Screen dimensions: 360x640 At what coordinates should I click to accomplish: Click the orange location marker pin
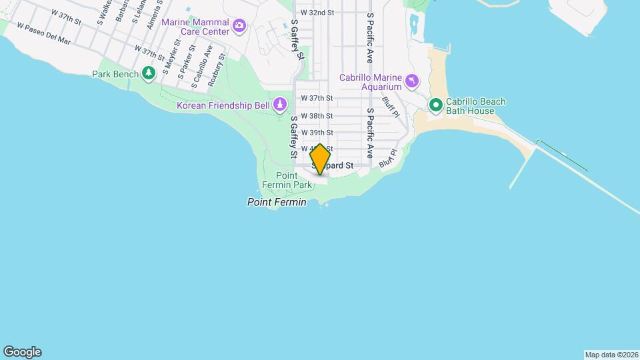(320, 159)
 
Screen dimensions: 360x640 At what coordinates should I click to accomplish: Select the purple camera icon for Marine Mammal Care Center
(239, 27)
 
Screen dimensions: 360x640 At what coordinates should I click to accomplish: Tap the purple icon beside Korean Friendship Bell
(280, 104)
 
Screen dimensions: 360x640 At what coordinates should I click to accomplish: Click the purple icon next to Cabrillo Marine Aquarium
(413, 81)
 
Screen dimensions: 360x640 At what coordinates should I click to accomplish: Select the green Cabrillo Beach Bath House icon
(436, 105)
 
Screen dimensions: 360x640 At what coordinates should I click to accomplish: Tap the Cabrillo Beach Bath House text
(476, 106)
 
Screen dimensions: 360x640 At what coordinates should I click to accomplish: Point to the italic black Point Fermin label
(277, 202)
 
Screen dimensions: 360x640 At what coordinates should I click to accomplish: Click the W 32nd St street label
(316, 12)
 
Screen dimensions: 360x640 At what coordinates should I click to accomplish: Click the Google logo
(22, 352)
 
